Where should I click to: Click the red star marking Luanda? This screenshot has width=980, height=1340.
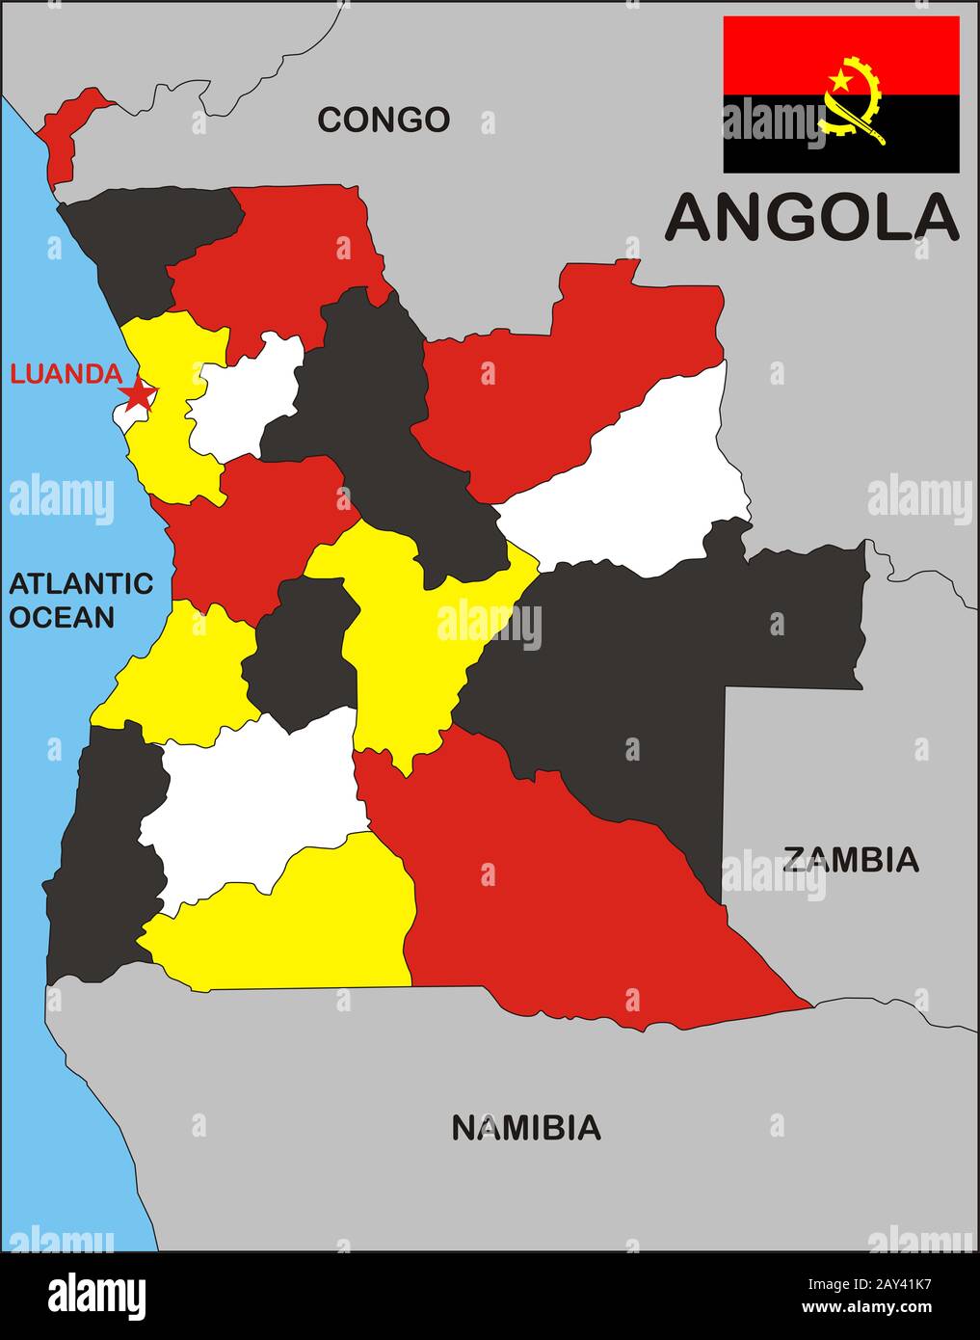pyautogui.click(x=139, y=392)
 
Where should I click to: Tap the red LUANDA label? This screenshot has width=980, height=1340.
pyautogui.click(x=66, y=374)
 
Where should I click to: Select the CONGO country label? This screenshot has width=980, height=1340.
pyautogui.click(x=384, y=120)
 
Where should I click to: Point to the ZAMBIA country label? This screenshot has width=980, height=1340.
pyautogui.click(x=850, y=859)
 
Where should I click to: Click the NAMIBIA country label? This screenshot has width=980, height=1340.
pyautogui.click(x=526, y=1127)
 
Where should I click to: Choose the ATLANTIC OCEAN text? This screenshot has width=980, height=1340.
pyautogui.click(x=81, y=600)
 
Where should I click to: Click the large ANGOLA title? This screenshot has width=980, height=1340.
pyautogui.click(x=811, y=217)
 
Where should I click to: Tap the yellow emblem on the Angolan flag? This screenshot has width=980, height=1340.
pyautogui.click(x=853, y=101)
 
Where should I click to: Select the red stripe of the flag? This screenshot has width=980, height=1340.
pyautogui.click(x=771, y=53)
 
